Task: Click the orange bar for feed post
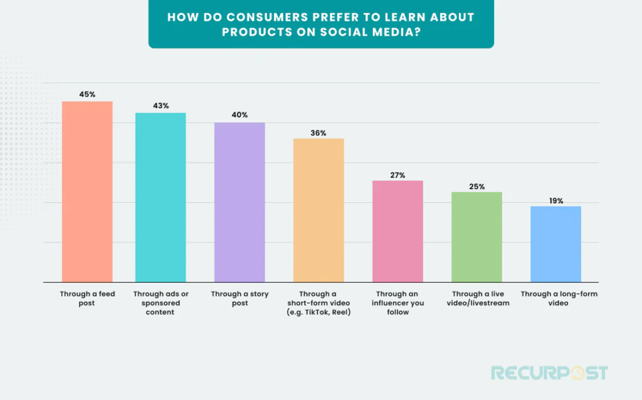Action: point(87,192)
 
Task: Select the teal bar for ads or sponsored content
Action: point(160,197)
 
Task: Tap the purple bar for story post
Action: point(239,202)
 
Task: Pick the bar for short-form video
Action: point(319,210)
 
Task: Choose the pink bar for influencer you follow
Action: point(397,231)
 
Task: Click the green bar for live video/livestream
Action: point(477,237)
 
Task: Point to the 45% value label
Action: point(87,94)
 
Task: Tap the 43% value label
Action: point(160,105)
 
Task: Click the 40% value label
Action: point(239,115)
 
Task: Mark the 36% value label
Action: point(318,132)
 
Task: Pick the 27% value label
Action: point(397,175)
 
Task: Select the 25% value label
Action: point(477,186)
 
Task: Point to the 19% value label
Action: point(555,201)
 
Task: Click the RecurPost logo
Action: point(549,373)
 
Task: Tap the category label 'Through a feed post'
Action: point(87,298)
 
